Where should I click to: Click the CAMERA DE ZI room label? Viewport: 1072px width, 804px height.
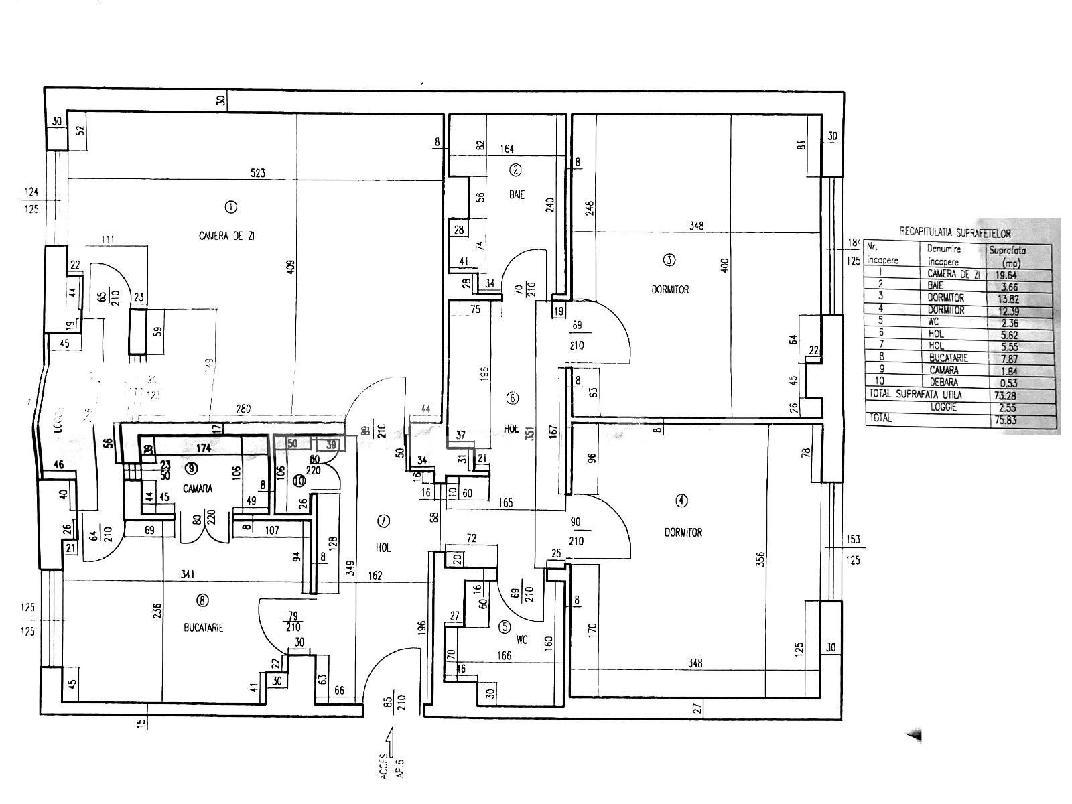(x=226, y=236)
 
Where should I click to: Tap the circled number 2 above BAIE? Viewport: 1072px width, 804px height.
(x=515, y=170)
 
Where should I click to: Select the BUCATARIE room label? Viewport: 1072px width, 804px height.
(x=203, y=628)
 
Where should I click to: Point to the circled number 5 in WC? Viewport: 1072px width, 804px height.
(x=504, y=628)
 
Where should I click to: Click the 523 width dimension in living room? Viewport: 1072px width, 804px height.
(x=257, y=173)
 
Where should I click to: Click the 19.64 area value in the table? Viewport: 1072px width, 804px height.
(x=1008, y=274)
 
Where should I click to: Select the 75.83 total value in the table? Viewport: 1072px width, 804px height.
(x=1008, y=421)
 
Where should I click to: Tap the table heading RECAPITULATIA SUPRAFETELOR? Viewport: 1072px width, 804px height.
(x=954, y=233)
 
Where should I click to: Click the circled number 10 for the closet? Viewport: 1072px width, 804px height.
(x=298, y=480)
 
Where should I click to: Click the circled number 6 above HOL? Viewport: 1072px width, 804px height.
(x=512, y=398)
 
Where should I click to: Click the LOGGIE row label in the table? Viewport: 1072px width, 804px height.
(x=945, y=407)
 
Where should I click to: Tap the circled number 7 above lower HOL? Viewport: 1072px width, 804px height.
(x=384, y=521)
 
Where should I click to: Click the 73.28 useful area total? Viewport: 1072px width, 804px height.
(x=1008, y=395)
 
